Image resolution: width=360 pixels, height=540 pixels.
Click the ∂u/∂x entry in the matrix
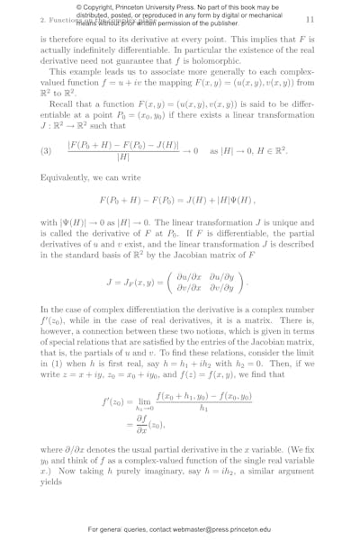[182, 274]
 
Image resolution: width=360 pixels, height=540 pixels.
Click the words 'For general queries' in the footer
[119, 530]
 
